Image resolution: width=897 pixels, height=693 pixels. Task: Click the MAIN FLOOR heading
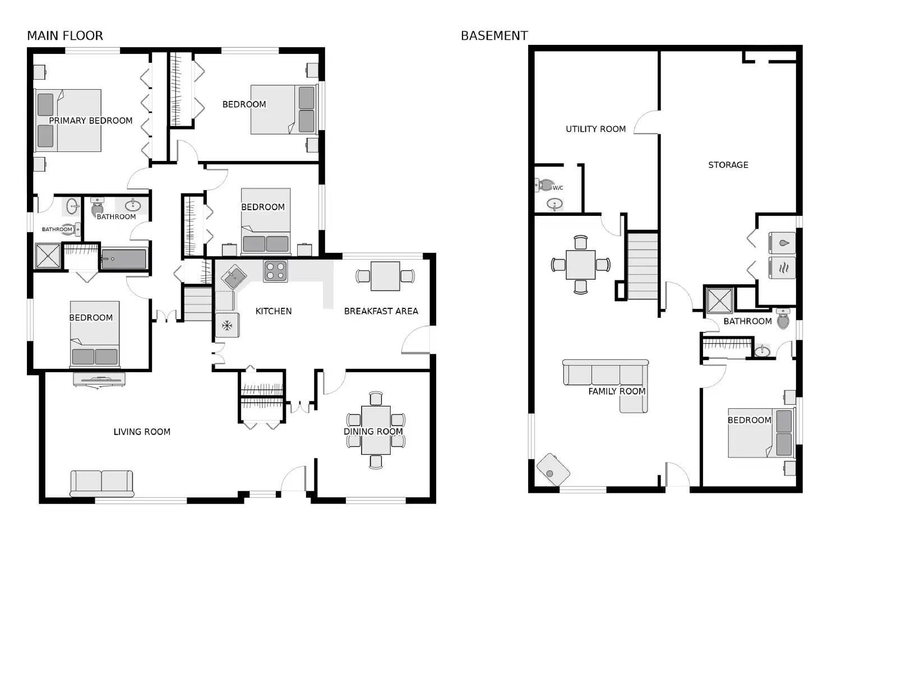click(65, 36)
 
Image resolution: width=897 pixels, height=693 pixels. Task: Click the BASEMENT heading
click(494, 36)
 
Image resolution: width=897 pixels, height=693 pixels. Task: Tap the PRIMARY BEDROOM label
click(91, 121)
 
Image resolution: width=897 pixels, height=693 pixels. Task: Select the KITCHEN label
click(274, 311)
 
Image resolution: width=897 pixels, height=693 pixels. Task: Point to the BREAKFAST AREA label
click(381, 311)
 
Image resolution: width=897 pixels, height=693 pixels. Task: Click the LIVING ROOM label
click(142, 432)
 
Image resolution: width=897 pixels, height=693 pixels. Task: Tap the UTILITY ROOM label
click(595, 129)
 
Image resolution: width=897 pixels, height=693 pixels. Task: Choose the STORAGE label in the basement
click(728, 165)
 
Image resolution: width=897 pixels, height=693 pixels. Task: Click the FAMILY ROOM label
click(617, 391)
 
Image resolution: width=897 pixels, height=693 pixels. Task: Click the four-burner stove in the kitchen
click(275, 271)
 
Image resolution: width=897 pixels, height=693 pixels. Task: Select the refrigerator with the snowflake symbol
click(227, 325)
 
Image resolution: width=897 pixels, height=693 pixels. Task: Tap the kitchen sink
click(234, 276)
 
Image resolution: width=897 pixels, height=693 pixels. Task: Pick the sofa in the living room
click(101, 483)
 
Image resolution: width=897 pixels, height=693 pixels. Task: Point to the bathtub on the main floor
click(123, 259)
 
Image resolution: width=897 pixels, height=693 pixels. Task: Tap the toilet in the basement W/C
click(545, 184)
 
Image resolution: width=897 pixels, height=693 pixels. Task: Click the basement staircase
click(642, 266)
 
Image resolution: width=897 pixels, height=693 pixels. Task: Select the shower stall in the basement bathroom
click(719, 301)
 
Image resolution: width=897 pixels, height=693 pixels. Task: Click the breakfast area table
click(385, 276)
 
